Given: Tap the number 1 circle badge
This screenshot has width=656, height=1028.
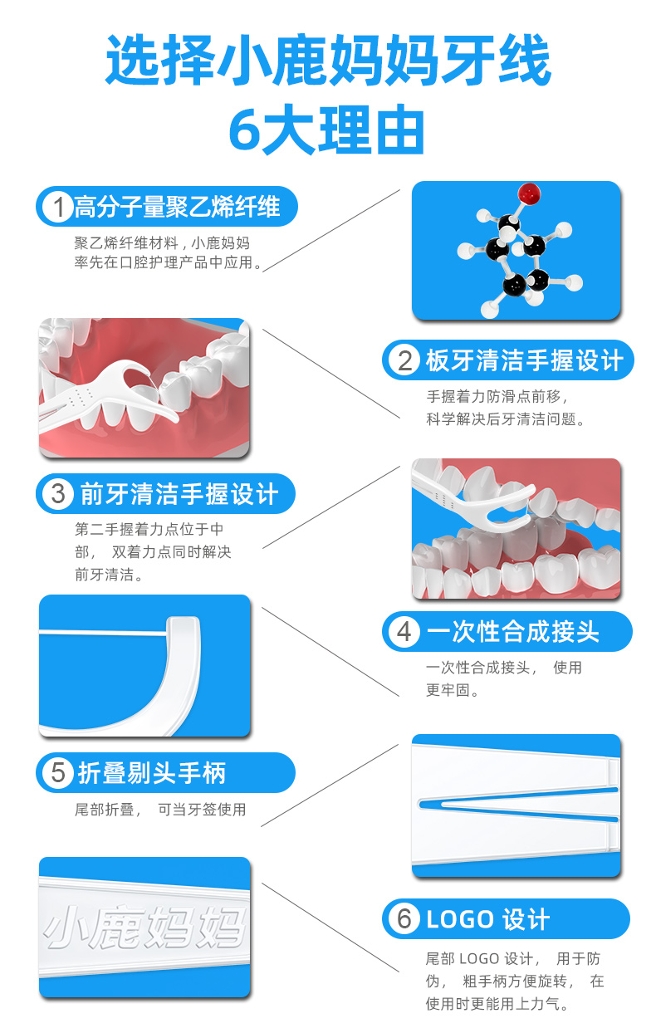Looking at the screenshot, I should (x=58, y=207).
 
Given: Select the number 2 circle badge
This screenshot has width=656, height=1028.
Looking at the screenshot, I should (x=404, y=360).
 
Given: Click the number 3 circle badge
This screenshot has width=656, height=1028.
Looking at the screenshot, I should (x=58, y=494).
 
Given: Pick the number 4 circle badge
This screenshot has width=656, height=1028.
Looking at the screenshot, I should (x=404, y=632).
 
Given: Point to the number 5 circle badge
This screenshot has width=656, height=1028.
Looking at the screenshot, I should (x=58, y=773).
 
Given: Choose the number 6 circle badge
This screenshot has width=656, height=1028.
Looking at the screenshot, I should (x=404, y=919).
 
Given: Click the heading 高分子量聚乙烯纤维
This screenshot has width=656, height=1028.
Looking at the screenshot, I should (x=177, y=207).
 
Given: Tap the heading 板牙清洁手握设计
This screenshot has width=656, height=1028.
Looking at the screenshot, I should (x=523, y=360).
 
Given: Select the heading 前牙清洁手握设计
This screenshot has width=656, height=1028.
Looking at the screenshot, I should (x=179, y=494).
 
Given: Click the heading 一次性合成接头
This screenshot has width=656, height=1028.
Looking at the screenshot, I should (x=512, y=632).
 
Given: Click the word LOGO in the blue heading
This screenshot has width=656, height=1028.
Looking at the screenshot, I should (x=460, y=920).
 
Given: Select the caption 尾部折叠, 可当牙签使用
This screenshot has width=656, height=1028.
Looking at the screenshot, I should (x=160, y=810).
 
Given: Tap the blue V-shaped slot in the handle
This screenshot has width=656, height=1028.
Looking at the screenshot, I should (x=515, y=805).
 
